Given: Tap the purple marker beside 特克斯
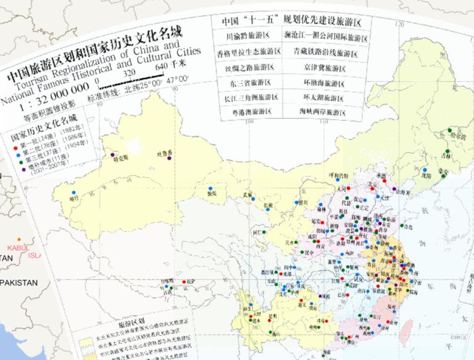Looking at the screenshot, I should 112,155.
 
